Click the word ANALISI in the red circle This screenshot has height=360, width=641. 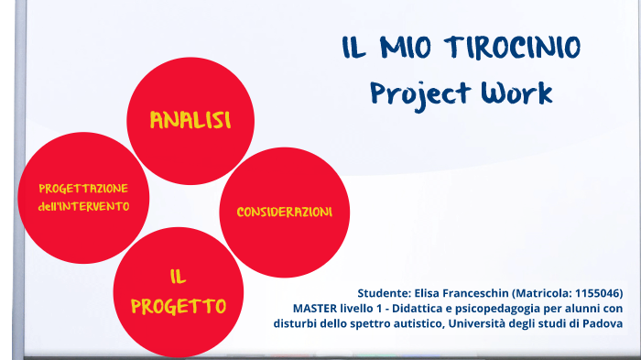[190, 120]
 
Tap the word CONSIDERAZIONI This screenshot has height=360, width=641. [284, 212]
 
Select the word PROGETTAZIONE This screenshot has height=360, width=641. [83, 188]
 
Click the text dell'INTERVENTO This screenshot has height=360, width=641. [83, 206]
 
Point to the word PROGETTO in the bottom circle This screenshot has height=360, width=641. [179, 305]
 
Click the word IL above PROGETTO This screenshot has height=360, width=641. [179, 277]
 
